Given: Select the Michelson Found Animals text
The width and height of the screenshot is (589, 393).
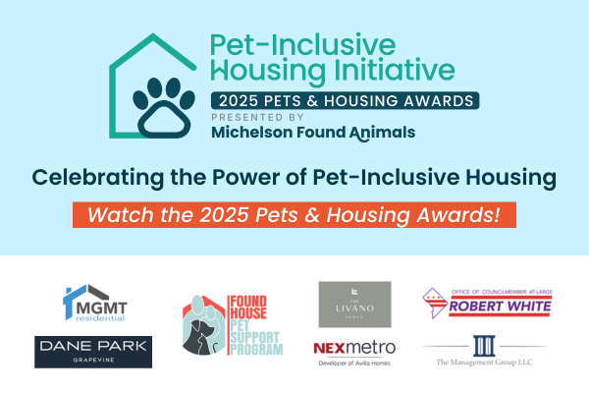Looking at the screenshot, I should pyautogui.click(x=312, y=133).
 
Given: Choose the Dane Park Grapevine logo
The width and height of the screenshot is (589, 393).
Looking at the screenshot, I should pyautogui.click(x=93, y=351).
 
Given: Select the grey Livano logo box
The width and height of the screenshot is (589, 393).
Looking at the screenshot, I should pyautogui.click(x=354, y=305).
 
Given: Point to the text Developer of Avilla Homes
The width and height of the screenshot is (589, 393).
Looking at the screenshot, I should pyautogui.click(x=354, y=365).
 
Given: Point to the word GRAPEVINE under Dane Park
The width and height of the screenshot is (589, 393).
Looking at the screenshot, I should pyautogui.click(x=93, y=361).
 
